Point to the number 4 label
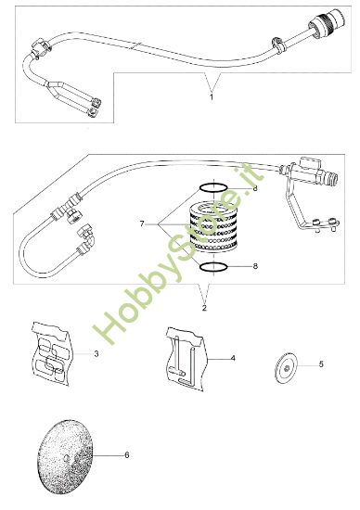234,357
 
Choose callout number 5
321,365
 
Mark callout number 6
126,455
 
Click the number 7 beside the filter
141,223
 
